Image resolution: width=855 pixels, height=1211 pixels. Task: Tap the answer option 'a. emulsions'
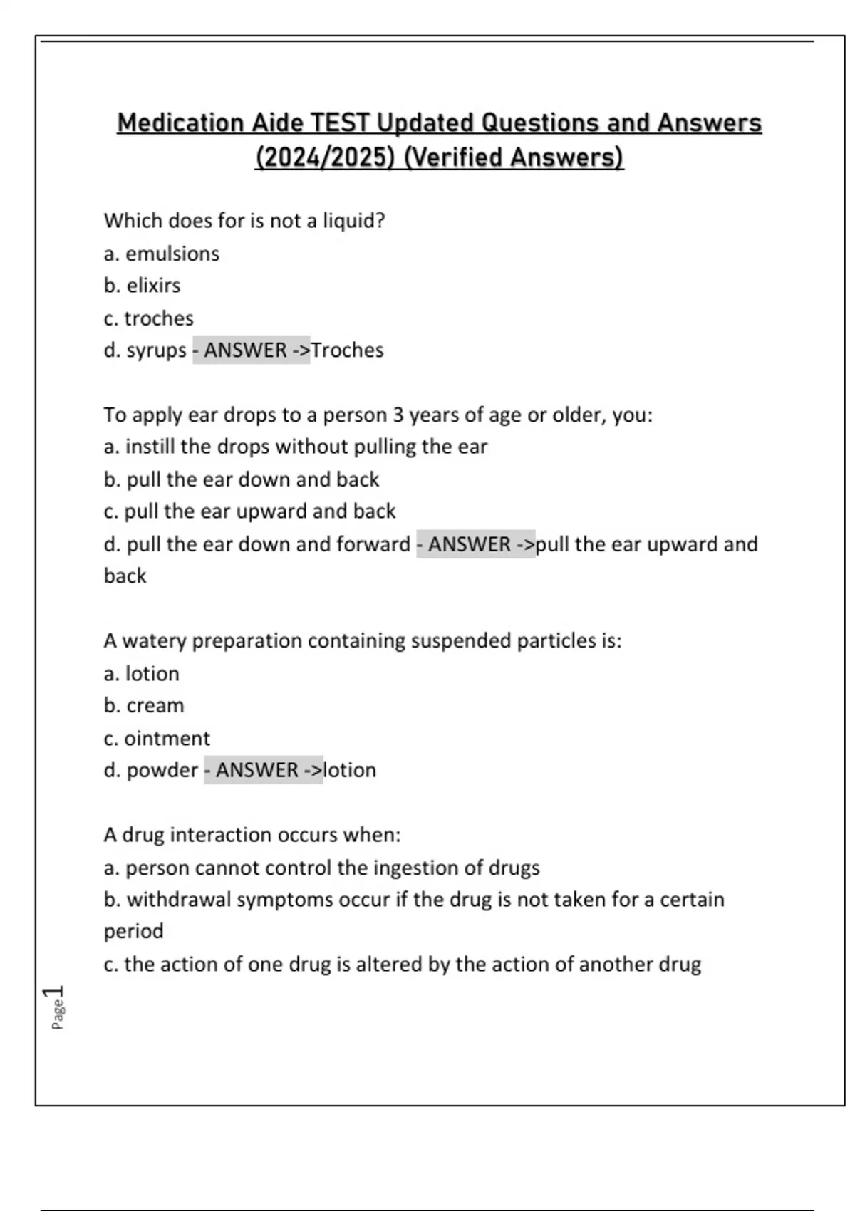pos(161,254)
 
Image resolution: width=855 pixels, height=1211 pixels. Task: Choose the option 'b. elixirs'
pos(142,286)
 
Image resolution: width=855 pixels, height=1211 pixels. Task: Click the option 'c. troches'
pos(148,318)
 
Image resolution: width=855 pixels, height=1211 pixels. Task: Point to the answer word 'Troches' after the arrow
pos(347,350)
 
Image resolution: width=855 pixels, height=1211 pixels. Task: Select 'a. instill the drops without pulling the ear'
pos(295,447)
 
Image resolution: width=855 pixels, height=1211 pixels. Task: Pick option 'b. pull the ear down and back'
pos(241,479)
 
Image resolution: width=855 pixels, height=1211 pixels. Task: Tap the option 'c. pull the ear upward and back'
pos(249,511)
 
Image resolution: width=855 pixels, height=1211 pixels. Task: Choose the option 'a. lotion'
pos(141,674)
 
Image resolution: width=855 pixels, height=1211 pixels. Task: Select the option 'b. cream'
pos(143,706)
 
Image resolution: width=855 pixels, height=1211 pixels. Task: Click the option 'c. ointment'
pos(157,739)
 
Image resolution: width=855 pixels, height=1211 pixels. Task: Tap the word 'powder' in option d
pos(162,771)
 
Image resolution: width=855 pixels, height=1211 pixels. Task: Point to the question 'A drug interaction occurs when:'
pos(252,835)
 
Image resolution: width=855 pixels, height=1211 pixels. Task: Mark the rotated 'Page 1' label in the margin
pos(55,1007)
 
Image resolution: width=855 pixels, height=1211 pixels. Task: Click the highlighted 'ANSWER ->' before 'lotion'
pos(264,771)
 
